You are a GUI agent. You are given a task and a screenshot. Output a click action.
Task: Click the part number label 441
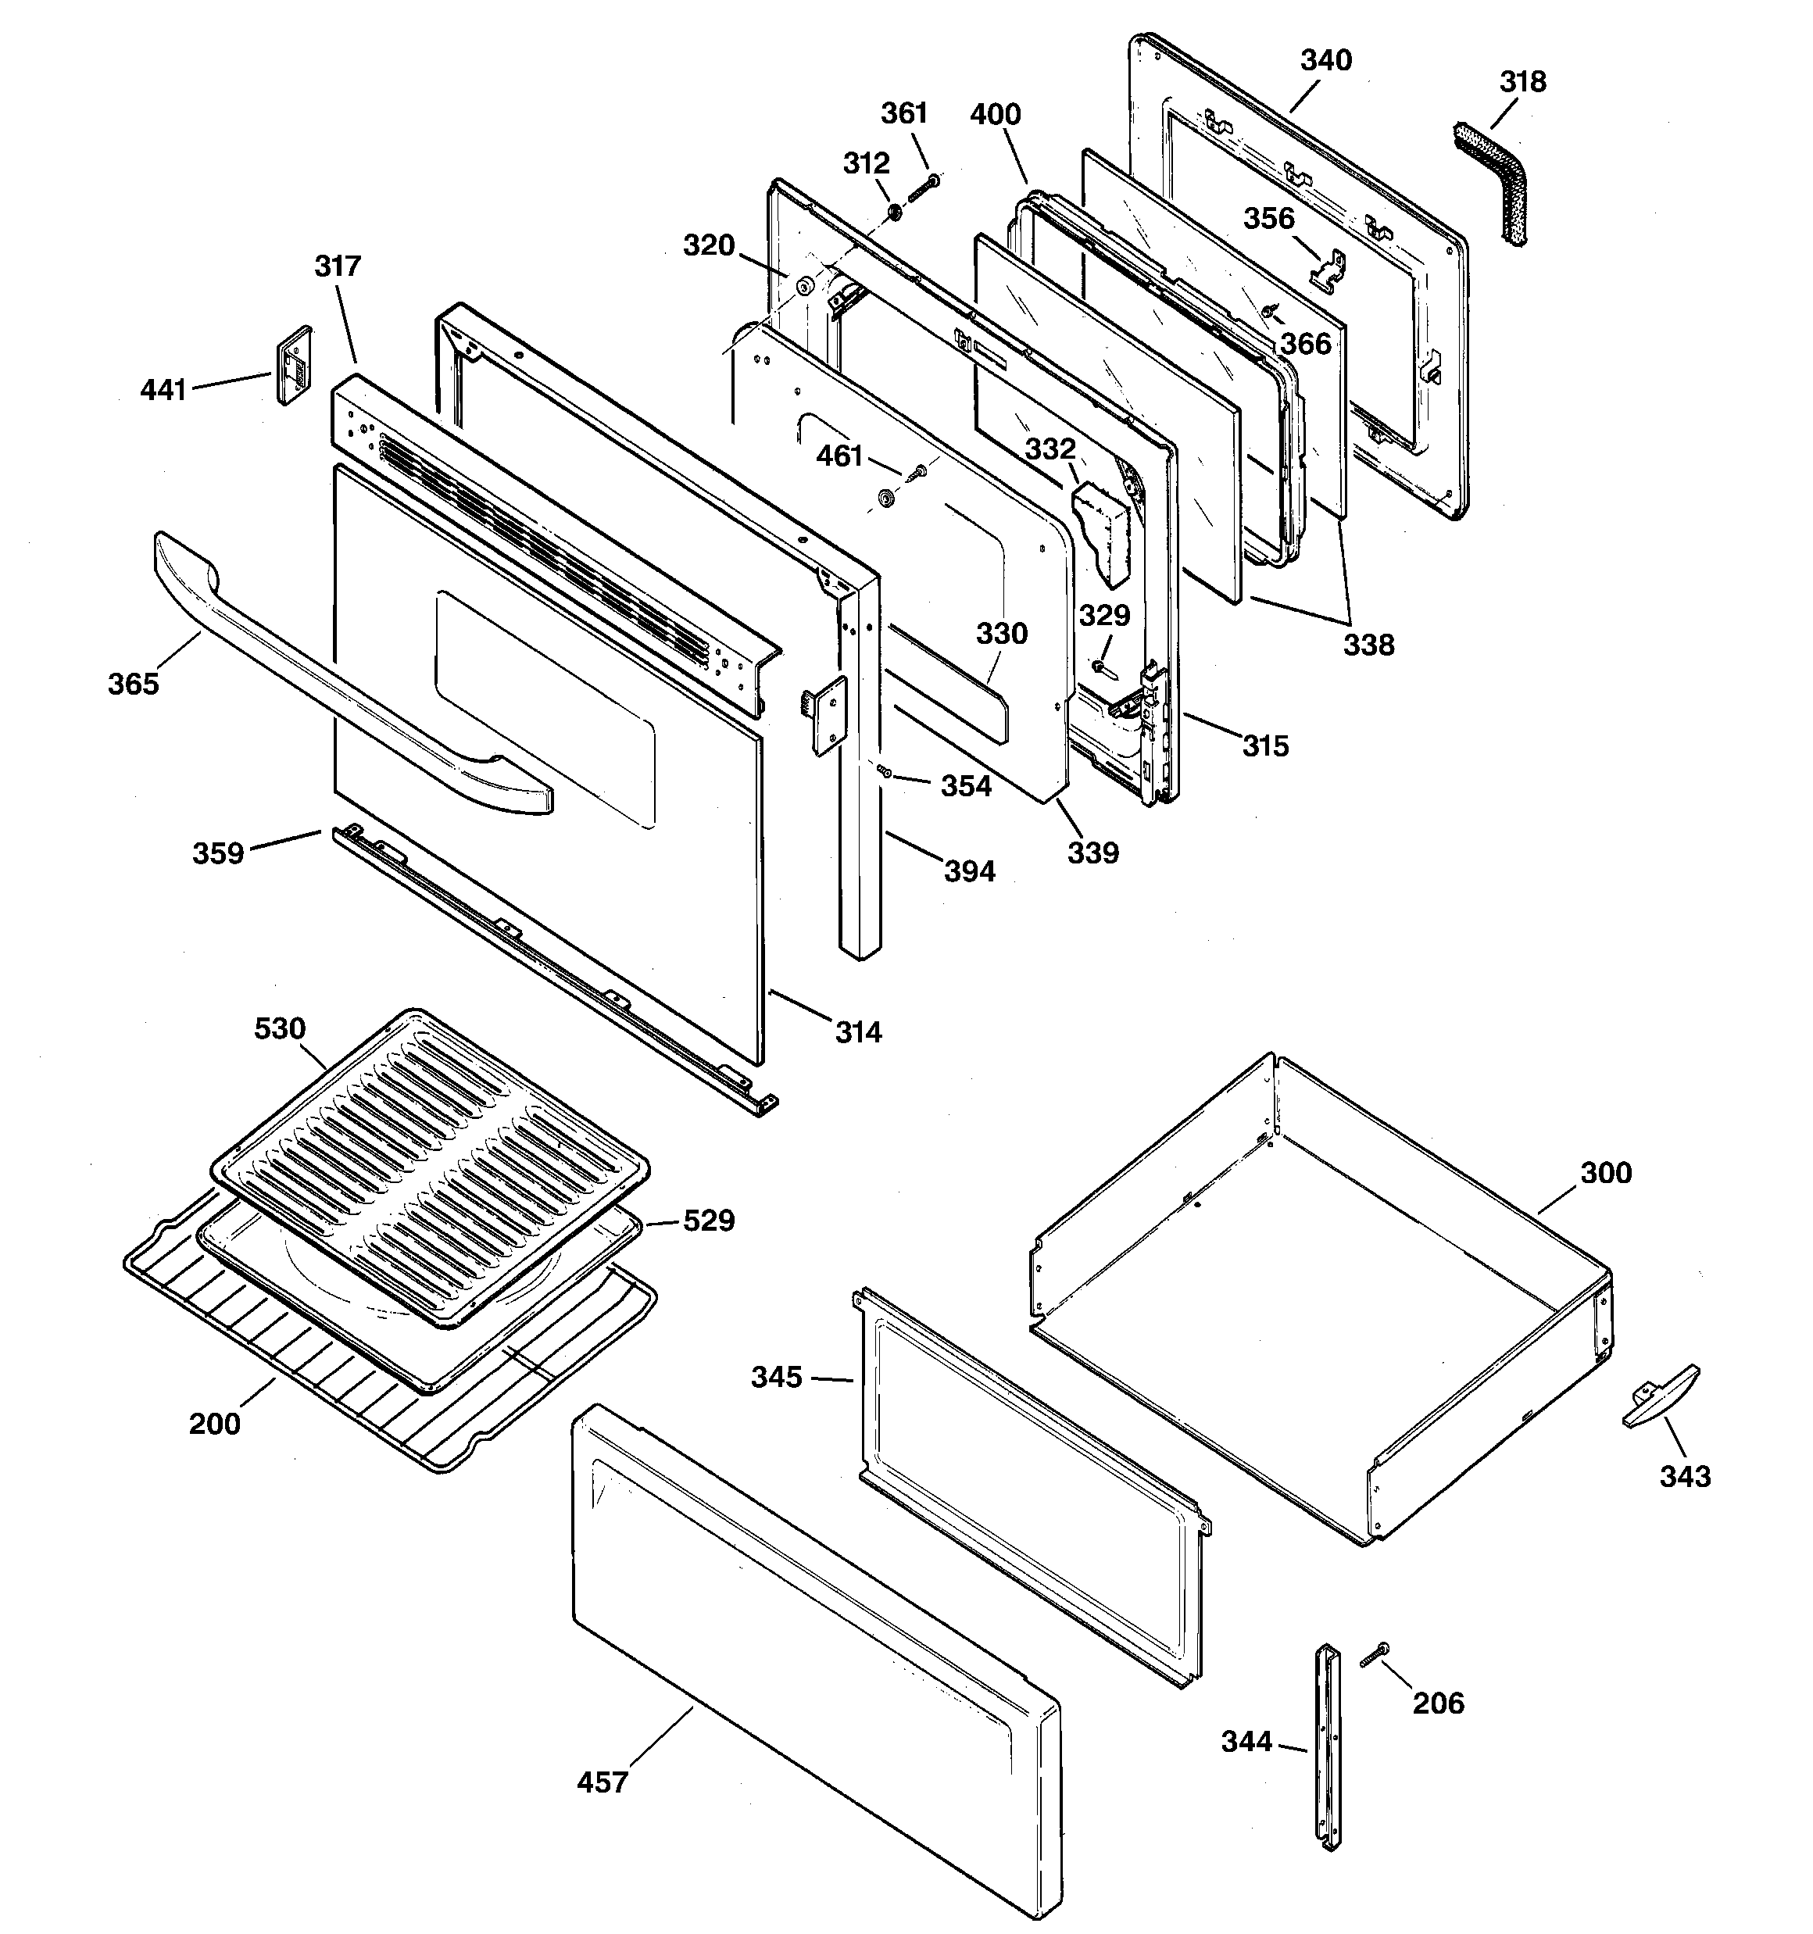pos(163,390)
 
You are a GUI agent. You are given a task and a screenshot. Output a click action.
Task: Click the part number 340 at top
pos(1325,60)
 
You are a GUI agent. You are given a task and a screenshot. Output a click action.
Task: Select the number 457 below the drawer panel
pos(603,1782)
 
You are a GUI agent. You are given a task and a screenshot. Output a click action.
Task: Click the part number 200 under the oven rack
pos(214,1423)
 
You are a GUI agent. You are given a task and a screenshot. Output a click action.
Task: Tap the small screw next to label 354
pos(885,770)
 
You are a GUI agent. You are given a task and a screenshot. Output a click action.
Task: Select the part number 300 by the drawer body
pos(1605,1172)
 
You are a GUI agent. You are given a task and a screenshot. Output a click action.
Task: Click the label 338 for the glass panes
pos(1368,644)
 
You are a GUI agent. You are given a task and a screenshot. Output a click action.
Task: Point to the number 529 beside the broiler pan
pos(709,1220)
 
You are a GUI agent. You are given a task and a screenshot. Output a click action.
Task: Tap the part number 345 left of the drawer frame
pos(776,1377)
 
